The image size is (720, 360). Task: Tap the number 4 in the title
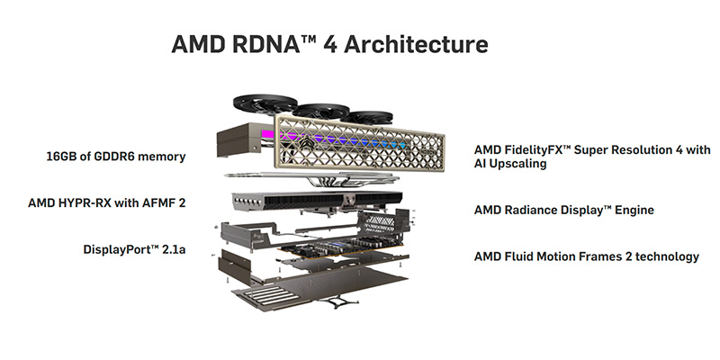click(x=329, y=44)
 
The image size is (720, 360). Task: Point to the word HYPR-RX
click(x=93, y=203)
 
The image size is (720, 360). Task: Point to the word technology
click(x=662, y=256)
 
